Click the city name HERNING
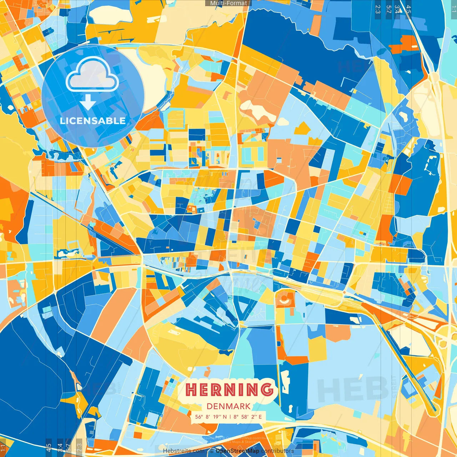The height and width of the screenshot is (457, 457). tap(229, 390)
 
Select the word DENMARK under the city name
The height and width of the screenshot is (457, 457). tap(228, 406)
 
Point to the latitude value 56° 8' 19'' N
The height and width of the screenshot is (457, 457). tap(211, 417)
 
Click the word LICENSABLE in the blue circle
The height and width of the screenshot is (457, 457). tap(93, 121)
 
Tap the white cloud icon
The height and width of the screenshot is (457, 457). tap(92, 74)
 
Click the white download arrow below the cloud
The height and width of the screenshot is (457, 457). tap(88, 102)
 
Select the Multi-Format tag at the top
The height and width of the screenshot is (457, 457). tap(228, 3)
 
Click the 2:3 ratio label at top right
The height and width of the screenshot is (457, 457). tap(378, 9)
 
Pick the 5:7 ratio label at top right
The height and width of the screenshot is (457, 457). tap(388, 9)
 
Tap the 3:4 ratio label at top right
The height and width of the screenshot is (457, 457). tap(397, 9)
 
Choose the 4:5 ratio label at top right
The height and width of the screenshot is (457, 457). tap(408, 9)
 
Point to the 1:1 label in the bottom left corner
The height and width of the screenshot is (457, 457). tap(3, 448)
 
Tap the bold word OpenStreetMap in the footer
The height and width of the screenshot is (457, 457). tap(237, 451)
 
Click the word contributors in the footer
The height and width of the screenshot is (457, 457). tap(277, 451)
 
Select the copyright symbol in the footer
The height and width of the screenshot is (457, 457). tap(212, 451)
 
